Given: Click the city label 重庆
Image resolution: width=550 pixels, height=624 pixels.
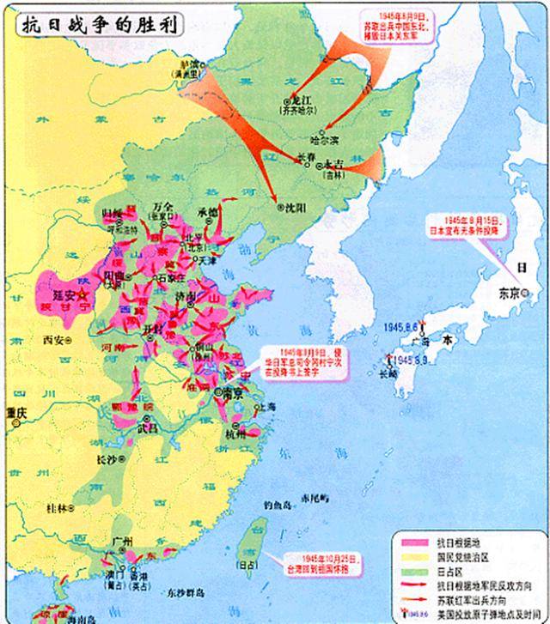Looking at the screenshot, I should click(15, 412).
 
